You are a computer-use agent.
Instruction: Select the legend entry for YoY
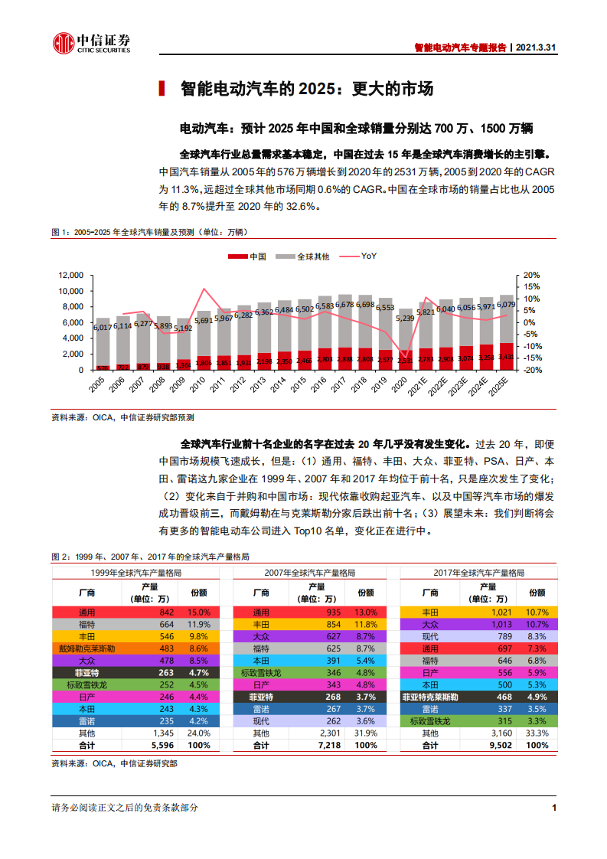(368, 256)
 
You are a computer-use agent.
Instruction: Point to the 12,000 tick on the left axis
(70, 276)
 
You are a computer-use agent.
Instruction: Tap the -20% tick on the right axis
(533, 370)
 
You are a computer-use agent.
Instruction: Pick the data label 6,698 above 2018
(365, 304)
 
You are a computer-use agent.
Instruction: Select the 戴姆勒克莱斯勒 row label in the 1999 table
(86, 648)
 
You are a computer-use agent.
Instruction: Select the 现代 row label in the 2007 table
(261, 721)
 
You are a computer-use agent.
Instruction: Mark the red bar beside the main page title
(161, 89)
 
